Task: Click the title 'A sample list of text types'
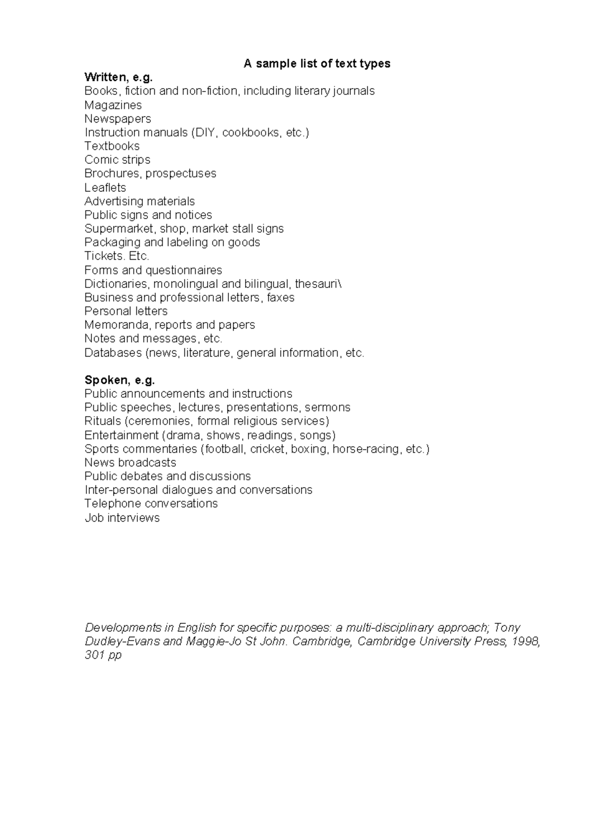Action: pos(317,63)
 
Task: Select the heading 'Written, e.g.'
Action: pos(119,77)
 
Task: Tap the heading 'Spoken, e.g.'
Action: pos(120,380)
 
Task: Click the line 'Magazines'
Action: pos(113,105)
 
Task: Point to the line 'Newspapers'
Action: pos(118,119)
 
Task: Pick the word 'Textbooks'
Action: pos(112,146)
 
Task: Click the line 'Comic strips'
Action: pos(117,160)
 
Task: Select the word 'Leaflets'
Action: pos(105,187)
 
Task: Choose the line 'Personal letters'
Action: pos(126,311)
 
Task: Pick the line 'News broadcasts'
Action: pos(130,463)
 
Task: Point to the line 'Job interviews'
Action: pos(122,518)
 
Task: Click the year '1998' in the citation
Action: pos(526,642)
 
